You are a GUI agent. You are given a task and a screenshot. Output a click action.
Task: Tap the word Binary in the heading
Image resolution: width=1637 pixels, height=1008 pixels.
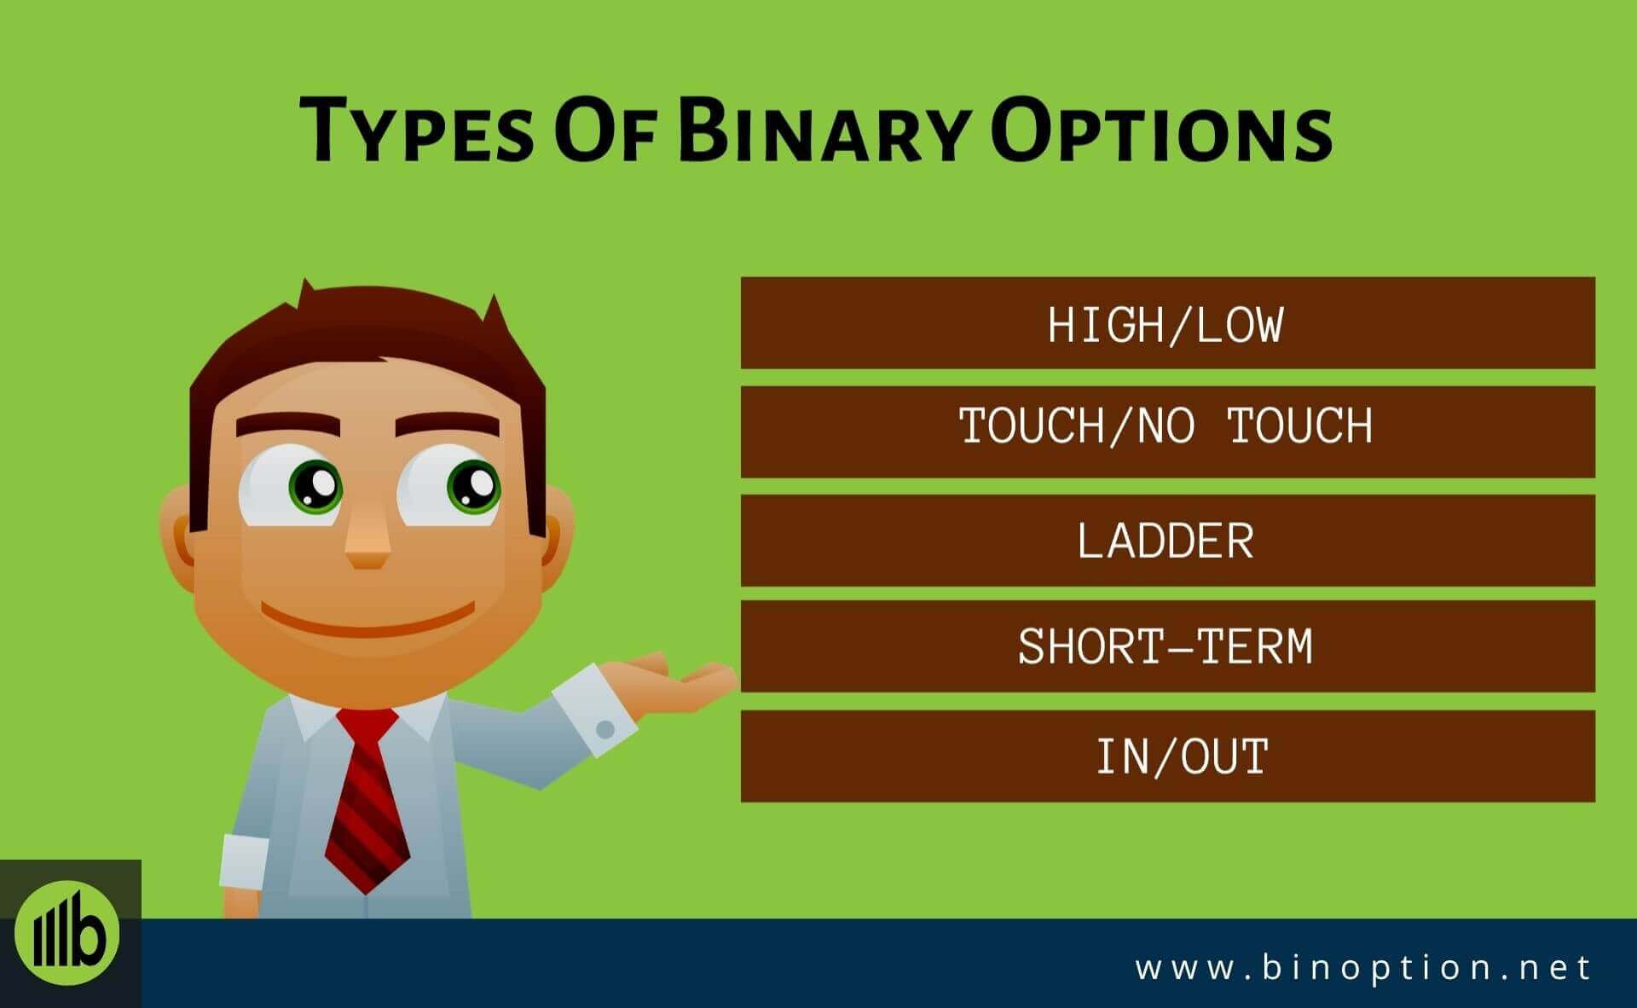click(824, 130)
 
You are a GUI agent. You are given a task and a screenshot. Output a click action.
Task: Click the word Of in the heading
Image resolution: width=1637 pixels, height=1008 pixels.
click(605, 130)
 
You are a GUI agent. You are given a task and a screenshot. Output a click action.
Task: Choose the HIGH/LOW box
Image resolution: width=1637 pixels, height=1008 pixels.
click(1167, 322)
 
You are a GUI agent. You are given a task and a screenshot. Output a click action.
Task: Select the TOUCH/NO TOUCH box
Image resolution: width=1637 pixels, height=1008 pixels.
click(1167, 432)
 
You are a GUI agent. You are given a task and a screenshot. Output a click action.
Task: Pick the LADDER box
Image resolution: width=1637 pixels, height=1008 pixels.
click(1167, 540)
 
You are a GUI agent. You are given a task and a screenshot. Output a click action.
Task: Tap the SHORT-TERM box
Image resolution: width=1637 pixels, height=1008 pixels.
click(1167, 646)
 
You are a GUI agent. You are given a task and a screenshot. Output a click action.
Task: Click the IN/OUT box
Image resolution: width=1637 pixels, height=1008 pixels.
click(1167, 756)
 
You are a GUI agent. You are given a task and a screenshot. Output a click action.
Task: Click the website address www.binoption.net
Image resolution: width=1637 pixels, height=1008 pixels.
click(1362, 967)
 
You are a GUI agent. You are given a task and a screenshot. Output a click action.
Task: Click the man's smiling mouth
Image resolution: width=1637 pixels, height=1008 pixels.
click(367, 618)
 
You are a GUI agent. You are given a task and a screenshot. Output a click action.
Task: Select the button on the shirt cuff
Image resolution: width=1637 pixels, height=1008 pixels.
click(605, 729)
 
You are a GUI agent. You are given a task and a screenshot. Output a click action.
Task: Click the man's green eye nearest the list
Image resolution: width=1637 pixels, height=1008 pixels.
click(472, 485)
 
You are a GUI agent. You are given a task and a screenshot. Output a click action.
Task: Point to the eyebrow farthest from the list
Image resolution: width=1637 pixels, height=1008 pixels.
click(287, 426)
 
